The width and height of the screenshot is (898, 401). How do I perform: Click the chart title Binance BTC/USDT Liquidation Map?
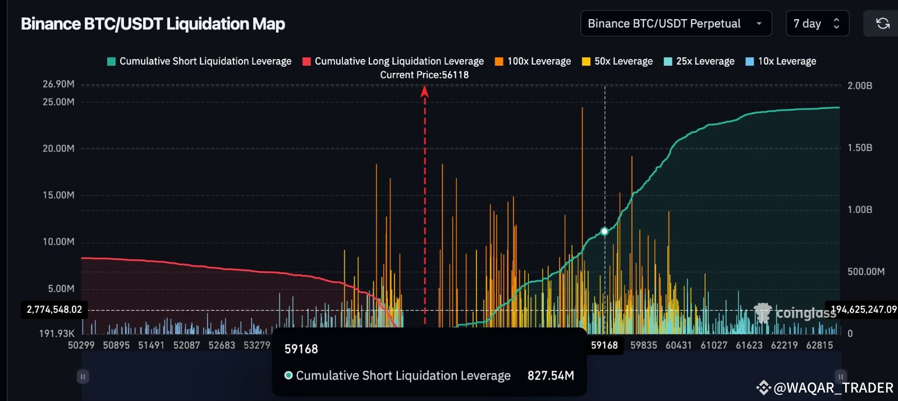point(153,24)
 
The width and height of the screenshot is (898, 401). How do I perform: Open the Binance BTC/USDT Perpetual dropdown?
point(675,24)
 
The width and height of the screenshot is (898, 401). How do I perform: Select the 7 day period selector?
point(817,24)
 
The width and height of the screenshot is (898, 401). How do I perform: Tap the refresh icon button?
point(882,24)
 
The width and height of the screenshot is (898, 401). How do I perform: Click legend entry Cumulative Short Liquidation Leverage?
point(199,61)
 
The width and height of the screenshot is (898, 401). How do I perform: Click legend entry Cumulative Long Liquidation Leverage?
point(393,61)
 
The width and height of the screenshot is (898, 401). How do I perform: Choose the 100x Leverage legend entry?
point(533,61)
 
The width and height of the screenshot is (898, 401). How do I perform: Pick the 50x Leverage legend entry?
point(617,61)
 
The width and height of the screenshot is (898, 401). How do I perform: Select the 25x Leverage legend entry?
point(699,61)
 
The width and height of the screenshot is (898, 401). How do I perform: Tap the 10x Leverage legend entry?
point(781,61)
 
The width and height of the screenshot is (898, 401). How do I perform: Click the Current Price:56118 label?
point(424,75)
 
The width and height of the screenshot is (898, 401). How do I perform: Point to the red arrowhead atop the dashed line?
point(425,91)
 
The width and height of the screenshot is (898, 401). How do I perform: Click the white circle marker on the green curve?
point(604,231)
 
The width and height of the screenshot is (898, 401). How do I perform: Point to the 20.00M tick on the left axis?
point(58,148)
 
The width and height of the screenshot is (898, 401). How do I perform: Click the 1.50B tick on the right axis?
point(860,148)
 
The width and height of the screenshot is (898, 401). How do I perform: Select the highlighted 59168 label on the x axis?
point(604,345)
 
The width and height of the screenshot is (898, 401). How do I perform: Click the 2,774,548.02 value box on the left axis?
point(54,309)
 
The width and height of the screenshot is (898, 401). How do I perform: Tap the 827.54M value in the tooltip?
point(551,375)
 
